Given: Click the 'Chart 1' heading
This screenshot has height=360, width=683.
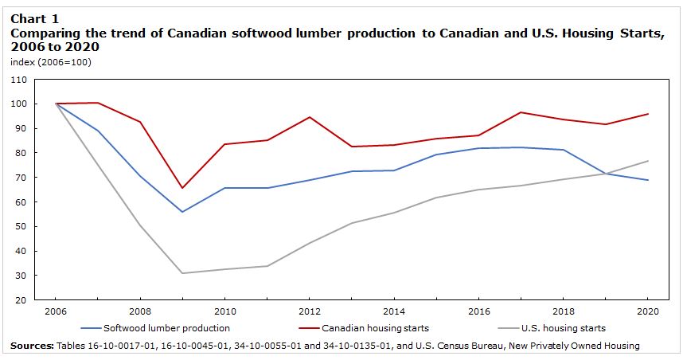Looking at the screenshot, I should [x=34, y=18].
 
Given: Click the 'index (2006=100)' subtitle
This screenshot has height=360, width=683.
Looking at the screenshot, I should [x=51, y=62].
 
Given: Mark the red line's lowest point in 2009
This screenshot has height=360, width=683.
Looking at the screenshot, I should [x=183, y=188].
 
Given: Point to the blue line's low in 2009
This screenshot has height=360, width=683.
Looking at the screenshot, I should [x=183, y=212].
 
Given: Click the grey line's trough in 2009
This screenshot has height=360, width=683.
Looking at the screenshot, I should [x=183, y=273].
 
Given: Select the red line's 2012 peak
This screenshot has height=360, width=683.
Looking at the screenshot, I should [x=308, y=117].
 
